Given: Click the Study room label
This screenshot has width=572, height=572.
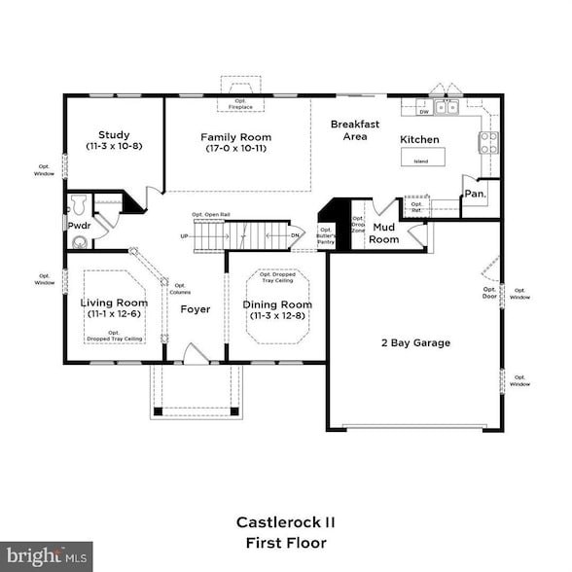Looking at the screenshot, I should [x=114, y=135].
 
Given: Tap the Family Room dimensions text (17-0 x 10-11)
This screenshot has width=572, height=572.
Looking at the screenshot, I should [x=235, y=149].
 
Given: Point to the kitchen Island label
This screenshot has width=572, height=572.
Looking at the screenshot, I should [x=420, y=161].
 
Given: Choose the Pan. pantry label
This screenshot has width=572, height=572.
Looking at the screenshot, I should [x=474, y=195].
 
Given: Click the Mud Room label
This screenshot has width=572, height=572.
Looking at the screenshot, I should [x=384, y=233].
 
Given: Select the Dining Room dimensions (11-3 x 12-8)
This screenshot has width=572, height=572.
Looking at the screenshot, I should [x=277, y=315].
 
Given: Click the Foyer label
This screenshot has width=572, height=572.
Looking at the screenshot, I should [x=196, y=309].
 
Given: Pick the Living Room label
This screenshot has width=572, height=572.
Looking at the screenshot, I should [x=113, y=303].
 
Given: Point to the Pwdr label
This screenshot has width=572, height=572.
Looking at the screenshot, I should [x=79, y=226].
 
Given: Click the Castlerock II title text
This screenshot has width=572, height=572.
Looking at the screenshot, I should [x=285, y=522].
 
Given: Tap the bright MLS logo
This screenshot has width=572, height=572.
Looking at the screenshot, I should [x=47, y=556].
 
